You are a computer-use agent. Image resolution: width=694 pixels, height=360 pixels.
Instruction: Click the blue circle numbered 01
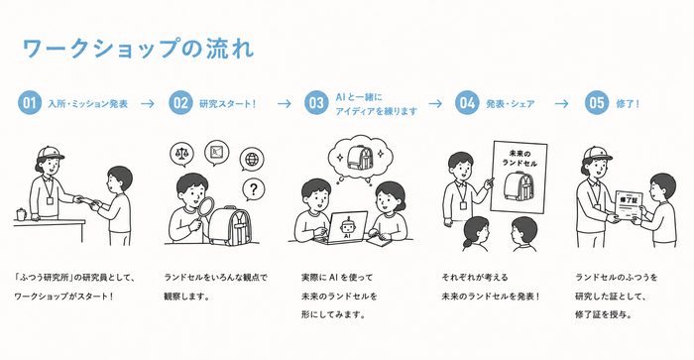tap(30, 103)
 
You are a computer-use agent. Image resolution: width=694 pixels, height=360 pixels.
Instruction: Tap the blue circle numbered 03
tap(316, 103)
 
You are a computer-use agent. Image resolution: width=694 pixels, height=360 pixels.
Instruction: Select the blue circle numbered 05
tap(597, 103)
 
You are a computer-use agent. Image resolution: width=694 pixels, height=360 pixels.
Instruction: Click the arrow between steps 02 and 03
tap(285, 103)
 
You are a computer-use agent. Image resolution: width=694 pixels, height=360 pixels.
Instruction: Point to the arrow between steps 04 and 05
tap(561, 103)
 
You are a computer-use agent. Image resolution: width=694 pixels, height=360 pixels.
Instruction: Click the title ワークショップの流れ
tap(138, 49)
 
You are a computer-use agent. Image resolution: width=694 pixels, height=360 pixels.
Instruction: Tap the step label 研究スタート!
tap(227, 104)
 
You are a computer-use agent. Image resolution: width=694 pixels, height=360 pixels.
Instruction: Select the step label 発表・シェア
tap(511, 104)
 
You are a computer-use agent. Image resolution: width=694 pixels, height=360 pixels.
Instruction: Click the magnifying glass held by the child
tap(204, 209)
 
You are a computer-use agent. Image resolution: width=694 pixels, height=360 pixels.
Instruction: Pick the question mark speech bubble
tap(253, 190)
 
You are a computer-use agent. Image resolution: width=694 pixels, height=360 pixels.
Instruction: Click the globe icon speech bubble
tap(252, 160)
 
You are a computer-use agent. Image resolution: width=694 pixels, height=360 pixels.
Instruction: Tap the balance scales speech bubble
tap(181, 154)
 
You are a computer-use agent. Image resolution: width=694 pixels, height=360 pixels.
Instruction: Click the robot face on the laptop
tap(348, 226)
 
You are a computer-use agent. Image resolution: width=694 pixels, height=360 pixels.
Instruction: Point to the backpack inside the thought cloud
tap(359, 158)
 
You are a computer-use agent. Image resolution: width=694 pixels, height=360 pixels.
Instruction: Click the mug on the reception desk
tap(21, 214)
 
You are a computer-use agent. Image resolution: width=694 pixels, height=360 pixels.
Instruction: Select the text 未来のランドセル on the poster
tap(520, 159)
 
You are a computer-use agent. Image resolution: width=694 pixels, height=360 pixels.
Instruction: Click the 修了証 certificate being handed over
tap(628, 206)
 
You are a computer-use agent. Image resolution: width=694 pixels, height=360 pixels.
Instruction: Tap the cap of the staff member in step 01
tap(50, 153)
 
